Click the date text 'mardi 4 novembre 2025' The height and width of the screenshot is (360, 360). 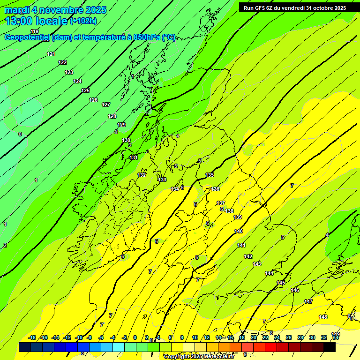point(55,10)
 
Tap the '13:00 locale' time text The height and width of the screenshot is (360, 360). point(37,21)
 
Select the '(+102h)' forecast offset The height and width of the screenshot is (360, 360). point(83,21)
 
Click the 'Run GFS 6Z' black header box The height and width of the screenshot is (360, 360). point(292,7)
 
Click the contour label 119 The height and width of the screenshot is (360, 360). point(35,31)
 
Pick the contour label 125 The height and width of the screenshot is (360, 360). point(85,90)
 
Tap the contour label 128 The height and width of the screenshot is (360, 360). point(112,116)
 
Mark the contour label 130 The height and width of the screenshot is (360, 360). point(127,141)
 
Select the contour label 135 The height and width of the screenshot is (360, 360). point(210,175)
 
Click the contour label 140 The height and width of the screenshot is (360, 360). point(239,232)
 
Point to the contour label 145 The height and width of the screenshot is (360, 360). point(281,283)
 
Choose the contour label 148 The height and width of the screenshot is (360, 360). point(323,317)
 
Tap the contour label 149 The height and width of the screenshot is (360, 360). point(336,334)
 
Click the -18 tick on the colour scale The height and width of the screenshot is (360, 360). point(32,337)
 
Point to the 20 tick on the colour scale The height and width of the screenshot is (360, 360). point(254,337)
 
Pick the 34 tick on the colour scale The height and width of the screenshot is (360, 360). point(336,337)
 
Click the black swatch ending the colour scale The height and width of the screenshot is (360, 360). point(330,347)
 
